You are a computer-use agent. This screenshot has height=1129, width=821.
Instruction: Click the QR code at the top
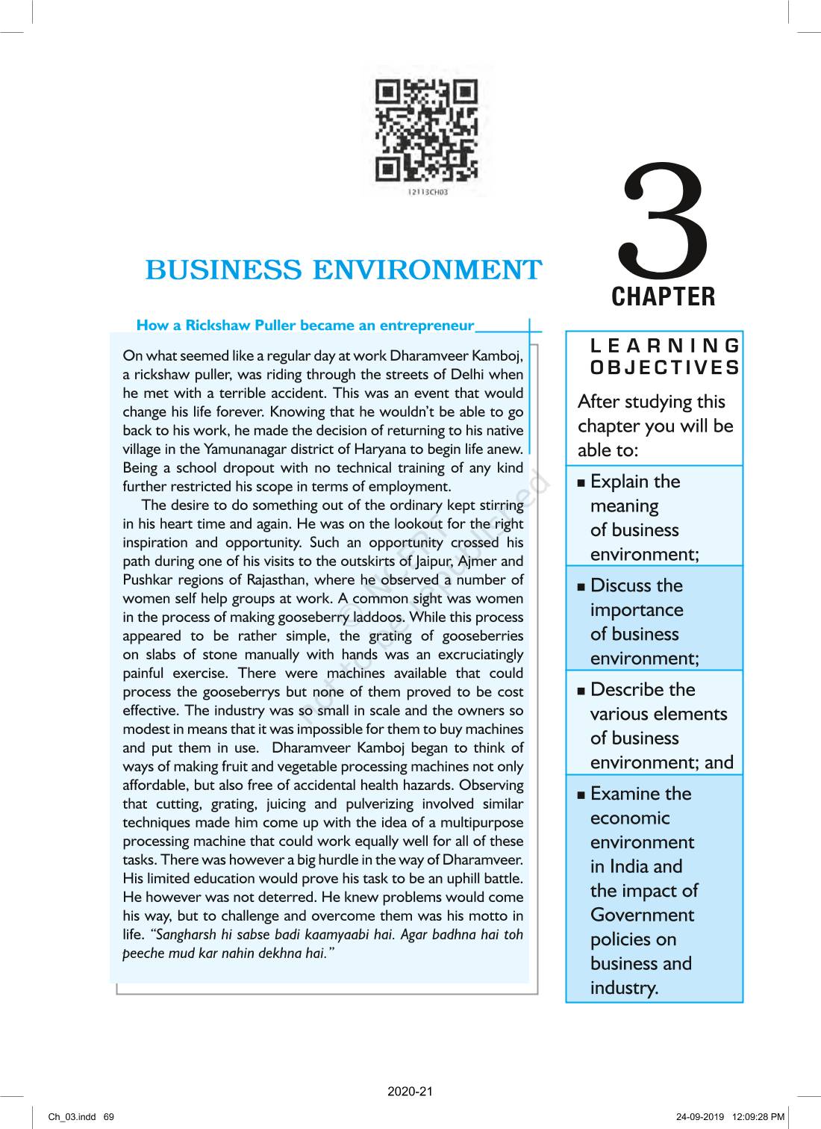point(426,131)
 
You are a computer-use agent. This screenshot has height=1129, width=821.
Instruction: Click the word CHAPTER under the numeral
point(663,296)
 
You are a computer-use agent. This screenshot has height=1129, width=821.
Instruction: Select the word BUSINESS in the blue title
point(223,270)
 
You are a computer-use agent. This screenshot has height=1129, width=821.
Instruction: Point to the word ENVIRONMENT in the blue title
point(426,270)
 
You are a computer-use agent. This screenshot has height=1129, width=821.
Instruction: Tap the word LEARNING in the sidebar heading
point(665,345)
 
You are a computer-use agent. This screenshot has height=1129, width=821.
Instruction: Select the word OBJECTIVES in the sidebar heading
point(665,367)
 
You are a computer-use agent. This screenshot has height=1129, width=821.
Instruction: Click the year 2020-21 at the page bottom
point(410,1092)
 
